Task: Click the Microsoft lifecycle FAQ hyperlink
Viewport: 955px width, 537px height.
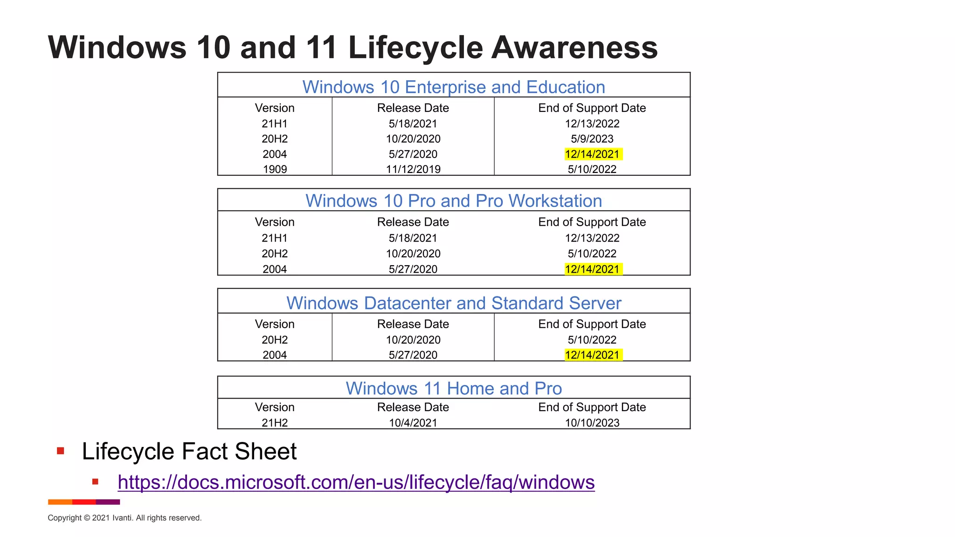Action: pyautogui.click(x=356, y=482)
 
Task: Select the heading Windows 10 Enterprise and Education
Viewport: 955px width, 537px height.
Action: pyautogui.click(x=454, y=87)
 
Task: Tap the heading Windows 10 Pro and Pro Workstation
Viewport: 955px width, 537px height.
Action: pyautogui.click(x=454, y=201)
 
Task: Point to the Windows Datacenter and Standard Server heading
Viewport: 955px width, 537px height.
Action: pyautogui.click(x=454, y=303)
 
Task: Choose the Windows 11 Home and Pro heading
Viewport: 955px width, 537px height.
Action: pyautogui.click(x=454, y=388)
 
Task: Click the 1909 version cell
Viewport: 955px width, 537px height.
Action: pyautogui.click(x=275, y=169)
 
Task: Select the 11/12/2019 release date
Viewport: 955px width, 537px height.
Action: pyautogui.click(x=413, y=169)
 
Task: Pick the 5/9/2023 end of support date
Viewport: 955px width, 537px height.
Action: pyautogui.click(x=592, y=139)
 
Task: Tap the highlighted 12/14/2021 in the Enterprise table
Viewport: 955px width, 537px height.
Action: pyautogui.click(x=592, y=154)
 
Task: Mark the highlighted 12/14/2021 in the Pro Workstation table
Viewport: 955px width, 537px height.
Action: pyautogui.click(x=592, y=269)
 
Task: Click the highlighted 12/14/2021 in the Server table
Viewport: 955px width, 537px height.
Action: pyautogui.click(x=592, y=355)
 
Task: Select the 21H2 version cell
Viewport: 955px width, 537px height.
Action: pyautogui.click(x=275, y=423)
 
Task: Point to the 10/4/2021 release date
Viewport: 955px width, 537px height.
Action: pyautogui.click(x=413, y=423)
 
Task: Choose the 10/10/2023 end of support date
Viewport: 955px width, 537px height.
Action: pyautogui.click(x=592, y=423)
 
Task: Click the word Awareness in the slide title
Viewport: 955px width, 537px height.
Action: pyautogui.click(x=574, y=48)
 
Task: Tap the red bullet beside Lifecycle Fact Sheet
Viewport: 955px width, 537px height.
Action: pyautogui.click(x=60, y=451)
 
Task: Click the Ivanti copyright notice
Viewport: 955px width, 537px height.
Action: pyautogui.click(x=125, y=518)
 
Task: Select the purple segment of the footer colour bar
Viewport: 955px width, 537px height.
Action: pyautogui.click(x=108, y=502)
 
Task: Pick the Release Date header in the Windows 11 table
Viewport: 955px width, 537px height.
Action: pyautogui.click(x=413, y=407)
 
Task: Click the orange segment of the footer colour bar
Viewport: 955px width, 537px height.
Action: pyautogui.click(x=60, y=502)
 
